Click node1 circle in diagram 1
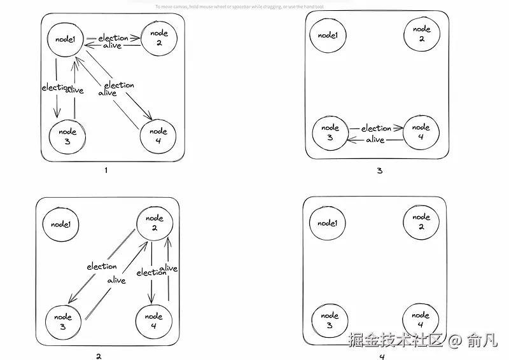[x=66, y=39]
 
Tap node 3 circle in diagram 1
[x=67, y=136]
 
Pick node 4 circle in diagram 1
[x=158, y=135]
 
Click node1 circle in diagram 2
[x=60, y=224]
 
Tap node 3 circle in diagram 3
[x=330, y=133]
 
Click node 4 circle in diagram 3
[x=421, y=132]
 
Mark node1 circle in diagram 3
[x=328, y=36]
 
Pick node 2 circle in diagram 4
[x=421, y=222]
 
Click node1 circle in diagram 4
[x=327, y=223]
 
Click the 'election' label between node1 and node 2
[x=113, y=38]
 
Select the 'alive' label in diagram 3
[x=375, y=139]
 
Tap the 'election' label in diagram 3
[x=376, y=128]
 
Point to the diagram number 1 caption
[x=106, y=170]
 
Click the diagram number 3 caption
[x=379, y=170]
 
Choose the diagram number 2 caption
[x=99, y=356]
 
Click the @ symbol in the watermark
[x=454, y=340]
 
